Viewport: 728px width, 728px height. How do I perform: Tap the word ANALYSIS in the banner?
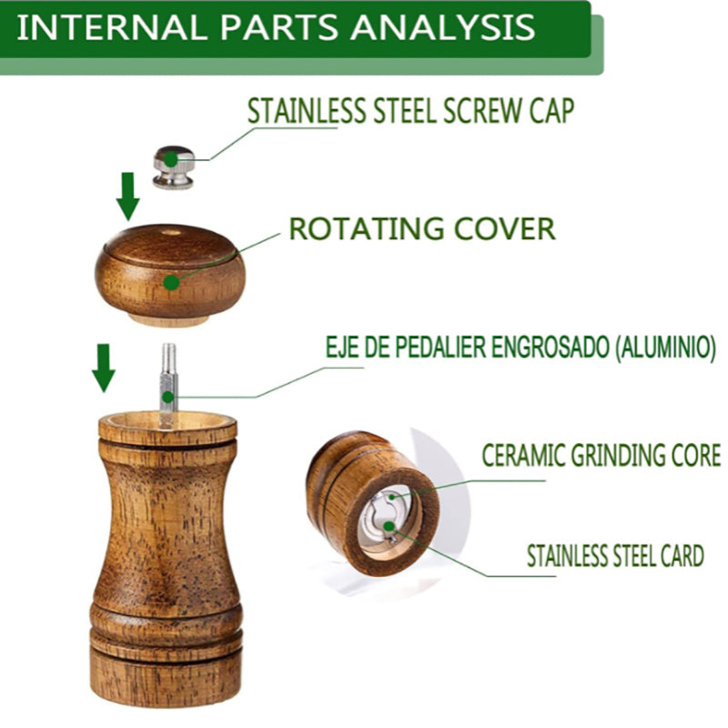(x=443, y=26)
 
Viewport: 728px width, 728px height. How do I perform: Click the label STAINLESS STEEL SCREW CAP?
(x=411, y=110)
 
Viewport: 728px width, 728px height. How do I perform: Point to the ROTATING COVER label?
(x=421, y=228)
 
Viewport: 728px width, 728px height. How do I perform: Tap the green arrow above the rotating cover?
(x=127, y=196)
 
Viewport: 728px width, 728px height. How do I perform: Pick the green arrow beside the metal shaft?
(x=105, y=367)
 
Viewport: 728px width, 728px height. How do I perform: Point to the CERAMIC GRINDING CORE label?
(x=601, y=454)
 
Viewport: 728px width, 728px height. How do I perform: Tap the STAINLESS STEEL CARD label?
(x=615, y=554)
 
